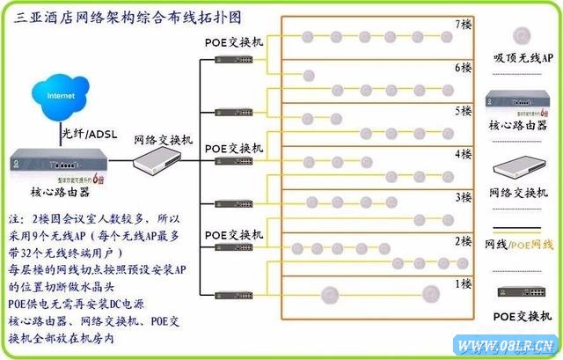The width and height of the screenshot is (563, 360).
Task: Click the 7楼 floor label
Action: tap(463, 24)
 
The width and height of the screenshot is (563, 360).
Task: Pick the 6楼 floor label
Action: tap(463, 67)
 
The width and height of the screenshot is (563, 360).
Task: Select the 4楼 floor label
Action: tap(463, 153)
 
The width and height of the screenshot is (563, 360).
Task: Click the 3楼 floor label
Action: tap(463, 196)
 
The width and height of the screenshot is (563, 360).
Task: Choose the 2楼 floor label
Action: tap(463, 239)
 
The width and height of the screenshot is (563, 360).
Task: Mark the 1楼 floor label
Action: tap(463, 283)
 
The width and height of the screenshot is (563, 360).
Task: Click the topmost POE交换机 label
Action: tap(234, 42)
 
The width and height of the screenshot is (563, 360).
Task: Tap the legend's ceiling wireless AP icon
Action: tap(522, 36)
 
